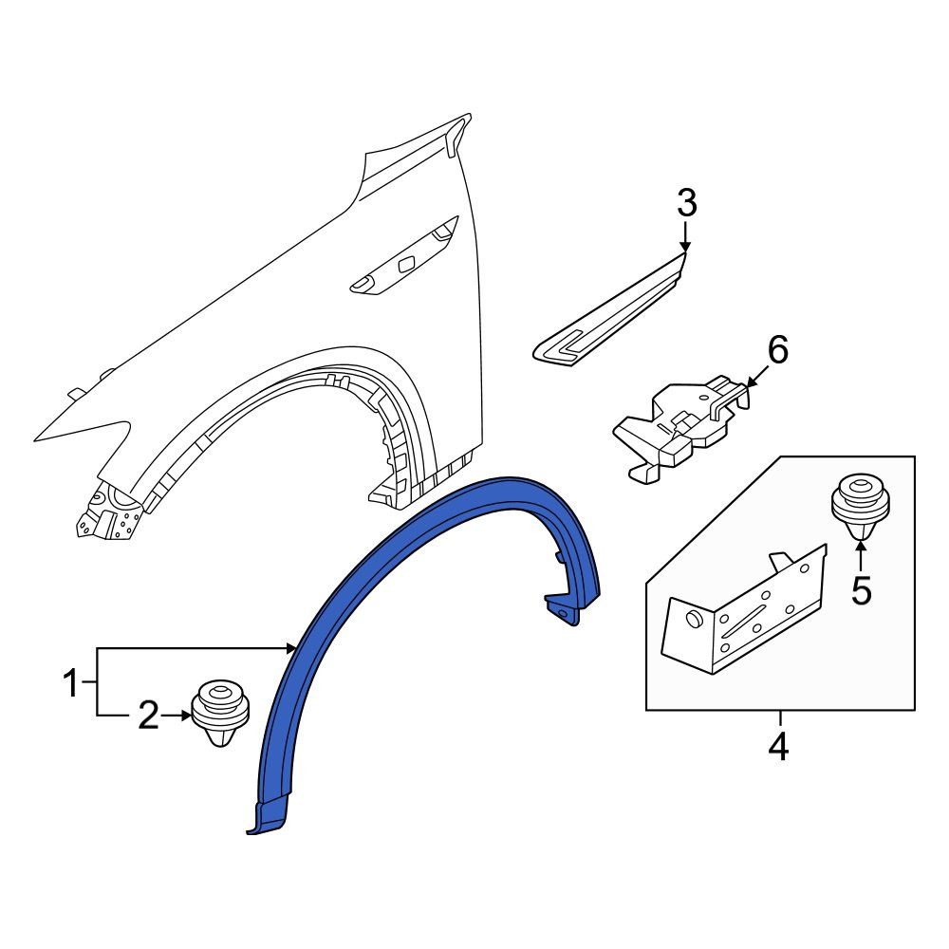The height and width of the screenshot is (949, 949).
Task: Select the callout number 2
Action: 149,715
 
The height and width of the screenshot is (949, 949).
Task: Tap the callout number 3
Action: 687,203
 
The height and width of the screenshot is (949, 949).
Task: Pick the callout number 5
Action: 862,590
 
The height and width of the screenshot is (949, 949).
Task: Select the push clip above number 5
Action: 860,506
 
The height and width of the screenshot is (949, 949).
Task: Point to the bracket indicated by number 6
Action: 680,427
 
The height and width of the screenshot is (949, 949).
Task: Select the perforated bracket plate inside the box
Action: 744,611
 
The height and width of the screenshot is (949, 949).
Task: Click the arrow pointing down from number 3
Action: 685,236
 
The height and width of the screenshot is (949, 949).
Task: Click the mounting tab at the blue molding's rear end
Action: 563,611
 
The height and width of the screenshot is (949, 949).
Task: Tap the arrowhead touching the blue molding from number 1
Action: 291,648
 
